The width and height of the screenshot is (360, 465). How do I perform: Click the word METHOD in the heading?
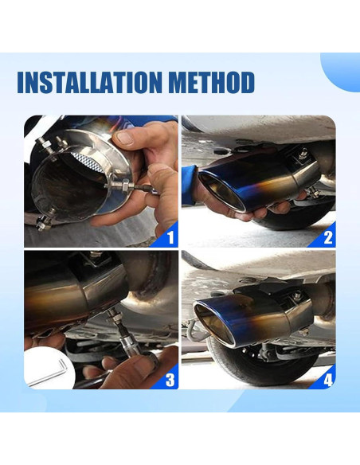click(x=211, y=82)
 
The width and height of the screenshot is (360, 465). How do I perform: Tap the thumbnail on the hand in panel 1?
click(x=125, y=138)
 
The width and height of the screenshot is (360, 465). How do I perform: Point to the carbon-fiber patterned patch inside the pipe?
click(x=88, y=161)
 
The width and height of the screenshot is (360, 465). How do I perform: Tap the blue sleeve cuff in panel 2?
click(x=190, y=186)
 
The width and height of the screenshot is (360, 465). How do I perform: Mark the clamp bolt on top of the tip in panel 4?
click(x=297, y=295)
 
